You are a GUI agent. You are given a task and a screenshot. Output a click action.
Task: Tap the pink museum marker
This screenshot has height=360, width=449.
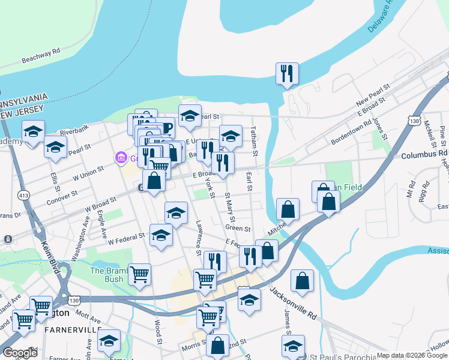[x=121, y=158]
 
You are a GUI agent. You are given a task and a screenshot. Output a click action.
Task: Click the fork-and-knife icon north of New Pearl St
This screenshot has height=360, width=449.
[x=287, y=74]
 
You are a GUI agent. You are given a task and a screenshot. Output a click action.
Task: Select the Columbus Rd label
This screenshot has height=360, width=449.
[x=425, y=154]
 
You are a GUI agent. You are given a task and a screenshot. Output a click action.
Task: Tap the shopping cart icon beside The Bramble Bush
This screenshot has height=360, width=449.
[x=139, y=275]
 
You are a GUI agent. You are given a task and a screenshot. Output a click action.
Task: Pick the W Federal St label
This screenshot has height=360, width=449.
[x=126, y=238]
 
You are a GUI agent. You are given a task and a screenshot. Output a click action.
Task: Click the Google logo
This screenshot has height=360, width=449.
[x=20, y=353]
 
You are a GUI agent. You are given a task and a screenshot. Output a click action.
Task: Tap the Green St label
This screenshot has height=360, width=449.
[x=238, y=229]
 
